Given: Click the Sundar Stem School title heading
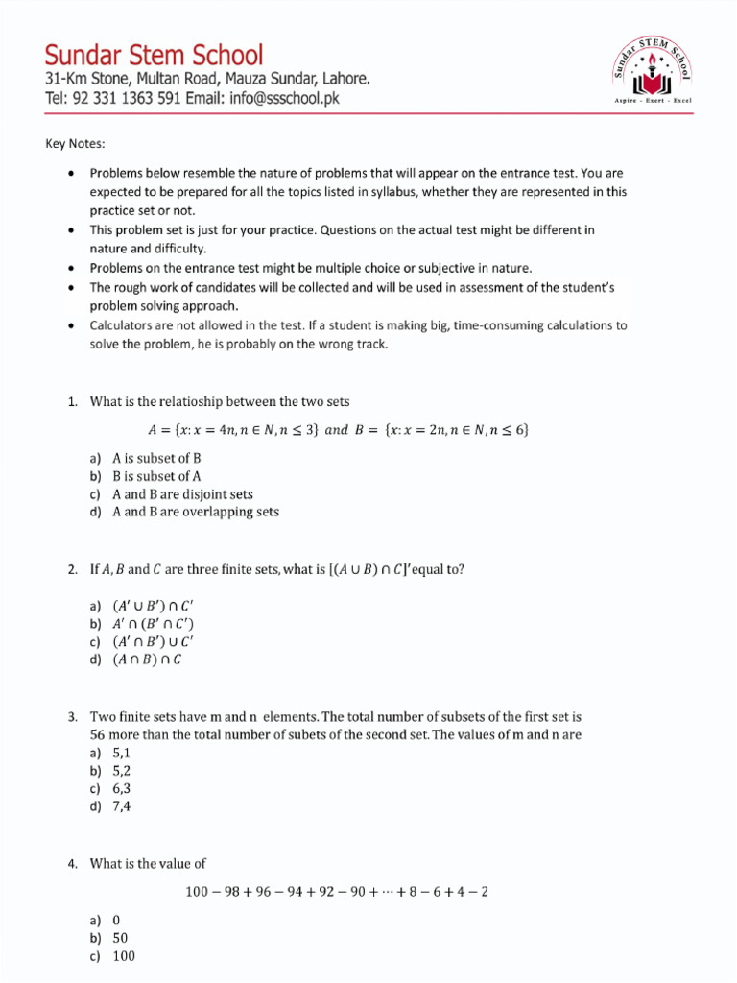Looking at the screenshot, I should pos(154,54).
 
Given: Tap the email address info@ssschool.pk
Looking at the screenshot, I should pos(277,98).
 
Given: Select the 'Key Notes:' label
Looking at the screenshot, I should pos(76,144).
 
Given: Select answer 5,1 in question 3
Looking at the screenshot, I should pos(121,753).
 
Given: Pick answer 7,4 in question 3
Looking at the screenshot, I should pos(121,806).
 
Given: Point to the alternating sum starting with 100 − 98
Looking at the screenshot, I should pos(337,892).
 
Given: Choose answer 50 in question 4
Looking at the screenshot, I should pos(120,938).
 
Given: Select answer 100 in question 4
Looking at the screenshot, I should pos(124,956).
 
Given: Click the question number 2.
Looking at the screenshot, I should pos(72,569).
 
